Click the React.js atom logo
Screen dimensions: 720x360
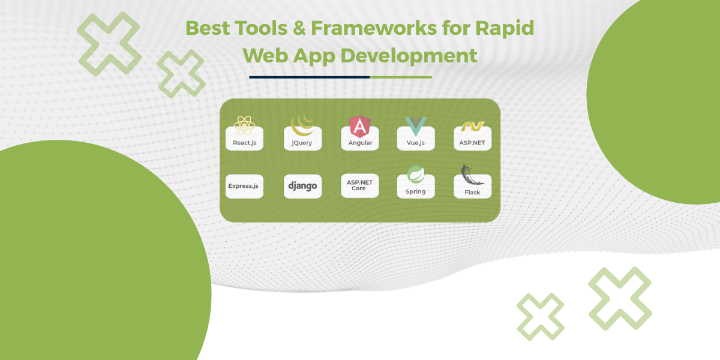(x=244, y=125)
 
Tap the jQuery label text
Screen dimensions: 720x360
(x=302, y=143)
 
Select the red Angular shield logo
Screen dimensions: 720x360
(x=359, y=127)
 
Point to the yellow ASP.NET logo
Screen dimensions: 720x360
(x=473, y=126)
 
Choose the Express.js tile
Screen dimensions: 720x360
(x=244, y=186)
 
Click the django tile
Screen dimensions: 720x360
(x=302, y=186)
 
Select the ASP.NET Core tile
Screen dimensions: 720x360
(x=359, y=185)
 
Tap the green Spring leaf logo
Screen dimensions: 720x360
(x=416, y=174)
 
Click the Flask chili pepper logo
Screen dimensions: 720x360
(x=470, y=175)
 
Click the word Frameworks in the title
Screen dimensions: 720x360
(x=374, y=28)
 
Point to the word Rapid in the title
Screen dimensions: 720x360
(x=505, y=29)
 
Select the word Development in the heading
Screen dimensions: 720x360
(x=409, y=56)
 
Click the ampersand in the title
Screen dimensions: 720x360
(x=299, y=28)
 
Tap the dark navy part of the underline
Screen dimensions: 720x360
(x=309, y=77)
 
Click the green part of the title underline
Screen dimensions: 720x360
(x=401, y=77)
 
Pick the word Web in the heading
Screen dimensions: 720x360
(x=265, y=56)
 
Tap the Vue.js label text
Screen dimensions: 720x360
(x=416, y=143)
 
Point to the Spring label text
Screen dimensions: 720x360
(x=416, y=192)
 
